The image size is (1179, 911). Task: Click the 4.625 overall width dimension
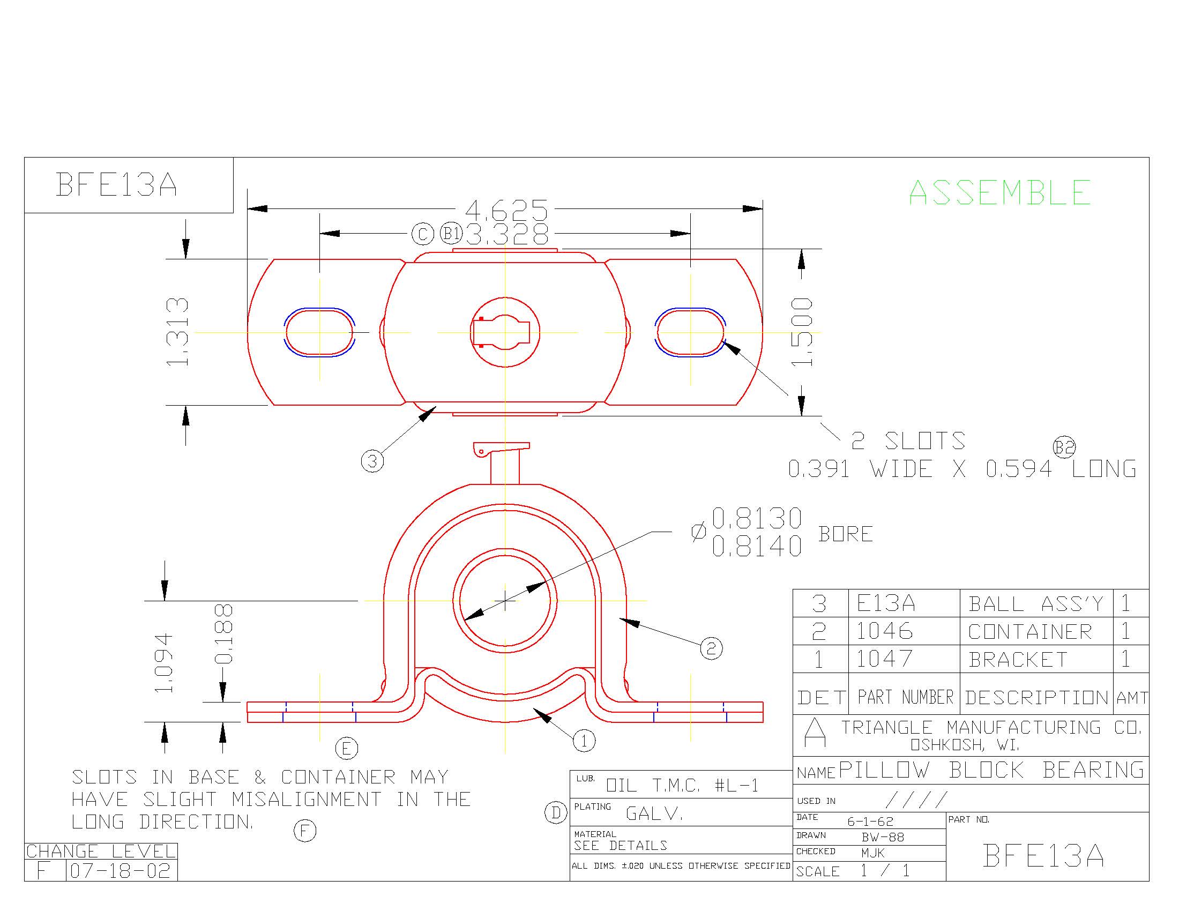506,210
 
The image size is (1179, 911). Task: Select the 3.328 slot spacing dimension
508,234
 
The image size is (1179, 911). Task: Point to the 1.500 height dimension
802,332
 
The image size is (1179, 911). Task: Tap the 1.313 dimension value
177,332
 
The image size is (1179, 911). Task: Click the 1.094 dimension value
163,663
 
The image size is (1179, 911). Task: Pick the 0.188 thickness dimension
223,633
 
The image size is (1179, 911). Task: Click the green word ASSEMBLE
1000,193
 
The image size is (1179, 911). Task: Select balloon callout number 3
372,461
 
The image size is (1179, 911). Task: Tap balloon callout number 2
711,648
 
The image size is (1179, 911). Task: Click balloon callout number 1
584,741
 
